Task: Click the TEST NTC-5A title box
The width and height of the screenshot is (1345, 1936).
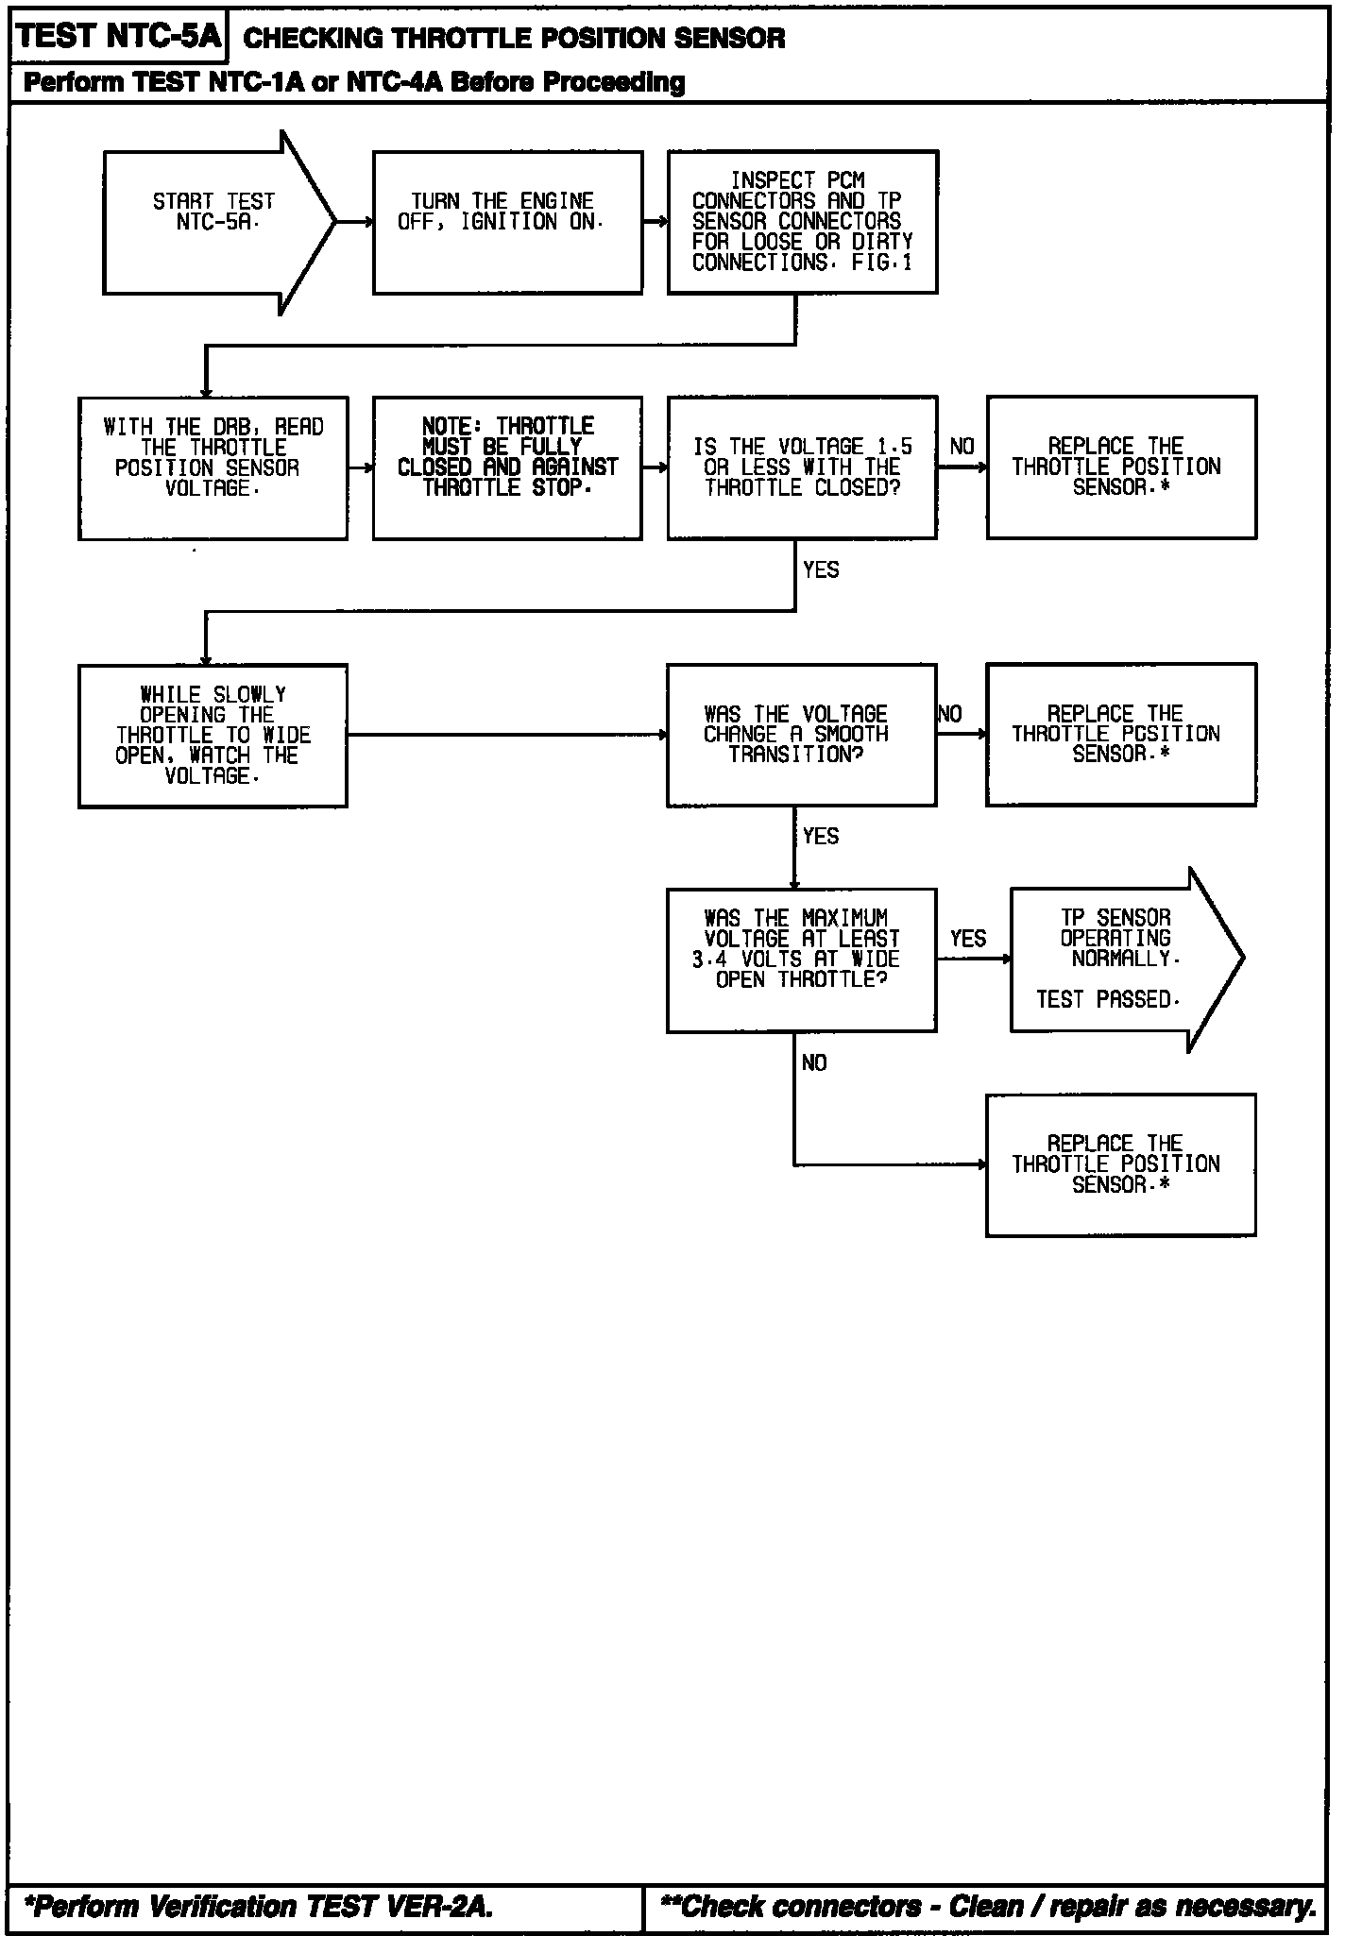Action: pyautogui.click(x=119, y=37)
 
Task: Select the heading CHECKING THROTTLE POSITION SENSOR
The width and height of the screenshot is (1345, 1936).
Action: pyautogui.click(x=514, y=39)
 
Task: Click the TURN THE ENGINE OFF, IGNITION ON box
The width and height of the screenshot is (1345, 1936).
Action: pyautogui.click(x=507, y=223)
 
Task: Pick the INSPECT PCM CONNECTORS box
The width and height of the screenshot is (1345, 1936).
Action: pyautogui.click(x=802, y=222)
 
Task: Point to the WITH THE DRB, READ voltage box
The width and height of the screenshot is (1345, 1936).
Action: pyautogui.click(x=213, y=467)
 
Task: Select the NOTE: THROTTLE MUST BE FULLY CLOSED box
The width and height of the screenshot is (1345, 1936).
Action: pyautogui.click(x=507, y=467)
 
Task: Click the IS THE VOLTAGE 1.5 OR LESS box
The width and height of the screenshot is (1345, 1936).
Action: pyautogui.click(x=802, y=467)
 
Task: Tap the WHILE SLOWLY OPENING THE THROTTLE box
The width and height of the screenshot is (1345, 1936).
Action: pyautogui.click(x=213, y=736)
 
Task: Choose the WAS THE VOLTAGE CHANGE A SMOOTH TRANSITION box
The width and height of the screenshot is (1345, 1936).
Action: pyautogui.click(x=801, y=735)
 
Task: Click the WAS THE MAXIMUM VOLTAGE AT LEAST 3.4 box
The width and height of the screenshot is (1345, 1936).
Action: pyautogui.click(x=801, y=960)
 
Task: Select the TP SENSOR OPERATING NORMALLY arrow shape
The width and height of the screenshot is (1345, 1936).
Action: pyautogui.click(x=1119, y=960)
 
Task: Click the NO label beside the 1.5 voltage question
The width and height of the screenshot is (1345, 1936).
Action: pyautogui.click(x=962, y=447)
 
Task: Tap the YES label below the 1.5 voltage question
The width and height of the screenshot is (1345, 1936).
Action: pyautogui.click(x=820, y=569)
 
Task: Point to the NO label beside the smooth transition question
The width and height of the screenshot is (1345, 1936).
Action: pyautogui.click(x=950, y=715)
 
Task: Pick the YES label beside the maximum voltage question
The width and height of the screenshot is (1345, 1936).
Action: pyautogui.click(x=968, y=939)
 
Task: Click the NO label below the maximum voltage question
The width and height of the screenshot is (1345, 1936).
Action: pyautogui.click(x=814, y=1063)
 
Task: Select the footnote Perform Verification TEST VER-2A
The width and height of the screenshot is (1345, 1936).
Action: pyautogui.click(x=258, y=1907)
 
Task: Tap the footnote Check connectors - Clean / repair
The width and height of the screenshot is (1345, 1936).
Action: pyautogui.click(x=988, y=1907)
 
